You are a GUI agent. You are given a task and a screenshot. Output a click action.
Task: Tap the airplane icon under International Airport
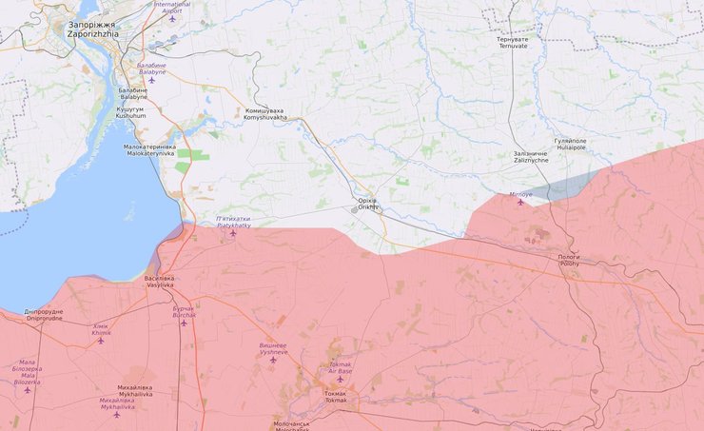172,18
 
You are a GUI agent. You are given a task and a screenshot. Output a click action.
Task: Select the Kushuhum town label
130,112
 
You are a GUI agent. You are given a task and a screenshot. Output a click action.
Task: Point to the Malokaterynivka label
150,150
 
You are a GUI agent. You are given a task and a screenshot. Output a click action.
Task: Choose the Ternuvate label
513,42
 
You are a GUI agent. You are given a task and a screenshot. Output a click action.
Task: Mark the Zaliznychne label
531,157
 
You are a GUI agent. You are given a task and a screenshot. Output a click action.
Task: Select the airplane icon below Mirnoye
520,202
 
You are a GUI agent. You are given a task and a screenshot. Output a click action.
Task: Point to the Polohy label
568,260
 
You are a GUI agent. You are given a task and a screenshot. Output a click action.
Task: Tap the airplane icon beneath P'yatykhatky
233,233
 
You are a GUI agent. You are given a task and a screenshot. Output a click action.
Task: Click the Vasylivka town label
159,282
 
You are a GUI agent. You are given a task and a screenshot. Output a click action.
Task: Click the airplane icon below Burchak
184,323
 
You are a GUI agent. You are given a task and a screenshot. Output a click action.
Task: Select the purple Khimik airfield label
101,329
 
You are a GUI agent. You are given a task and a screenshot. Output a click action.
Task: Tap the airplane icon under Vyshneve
273,360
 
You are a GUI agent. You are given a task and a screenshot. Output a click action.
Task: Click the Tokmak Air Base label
340,367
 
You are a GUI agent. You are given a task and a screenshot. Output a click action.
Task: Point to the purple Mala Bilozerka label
28,372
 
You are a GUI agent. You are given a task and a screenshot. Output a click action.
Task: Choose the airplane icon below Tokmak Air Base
340,380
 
